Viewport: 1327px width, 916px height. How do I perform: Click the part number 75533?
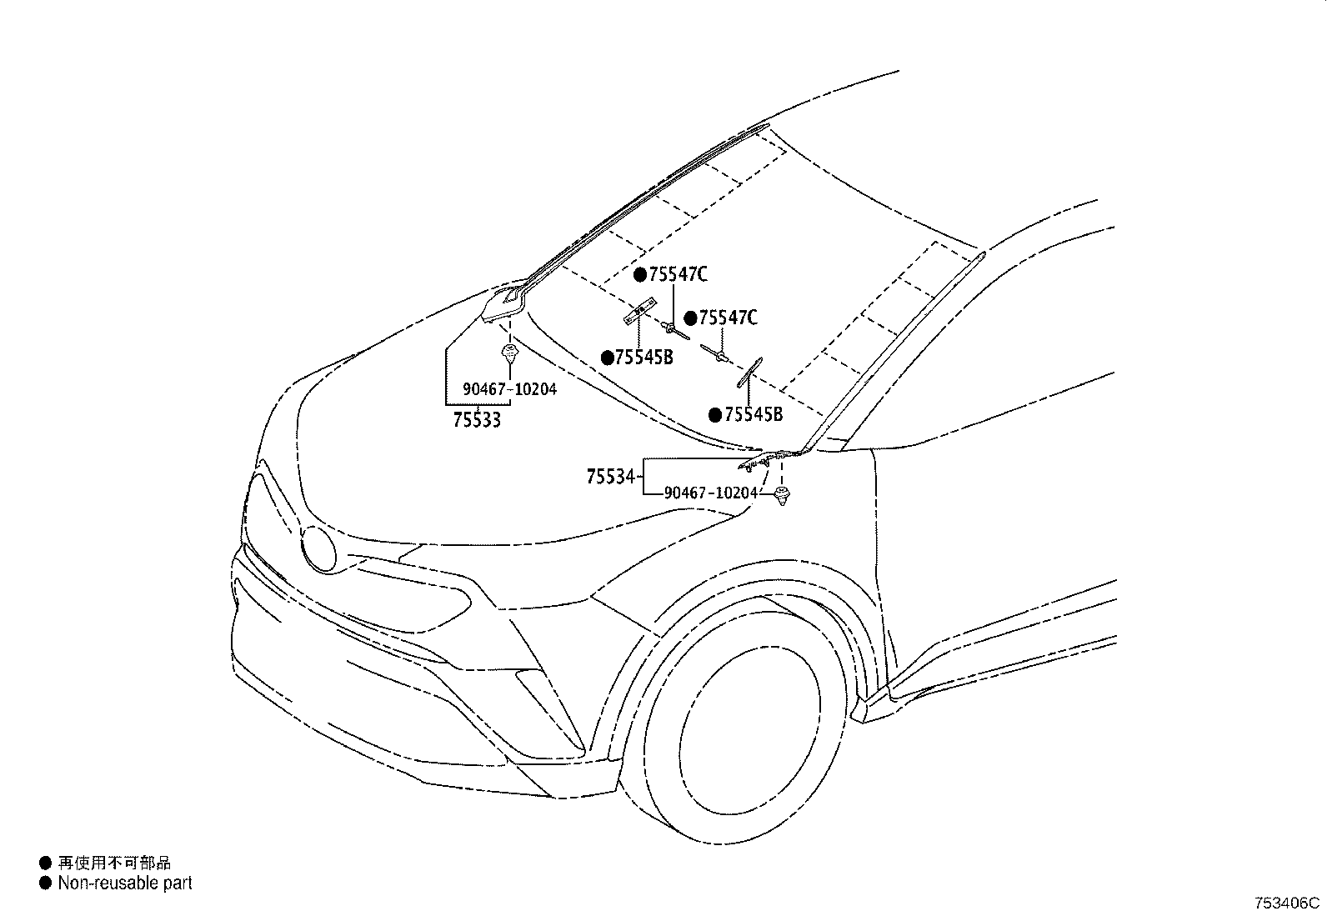[x=477, y=419]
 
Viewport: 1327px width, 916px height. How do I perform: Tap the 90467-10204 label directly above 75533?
[x=510, y=388]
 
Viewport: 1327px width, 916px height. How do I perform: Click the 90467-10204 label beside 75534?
[x=711, y=493]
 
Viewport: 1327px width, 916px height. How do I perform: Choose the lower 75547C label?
[x=728, y=318]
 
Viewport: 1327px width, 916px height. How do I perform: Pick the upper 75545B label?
[x=643, y=358]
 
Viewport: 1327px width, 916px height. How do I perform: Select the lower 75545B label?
[x=754, y=414]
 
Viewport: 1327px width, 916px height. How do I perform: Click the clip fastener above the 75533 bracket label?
[x=508, y=353]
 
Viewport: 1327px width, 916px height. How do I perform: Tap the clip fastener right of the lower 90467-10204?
[x=782, y=496]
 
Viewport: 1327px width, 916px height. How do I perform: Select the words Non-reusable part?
[x=125, y=883]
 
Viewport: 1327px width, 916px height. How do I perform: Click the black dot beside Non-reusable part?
[x=44, y=883]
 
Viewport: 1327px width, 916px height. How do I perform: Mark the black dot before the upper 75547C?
[x=640, y=274]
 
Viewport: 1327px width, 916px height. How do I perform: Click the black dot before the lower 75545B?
[x=714, y=414]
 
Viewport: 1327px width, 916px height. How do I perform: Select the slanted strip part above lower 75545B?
[x=749, y=373]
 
